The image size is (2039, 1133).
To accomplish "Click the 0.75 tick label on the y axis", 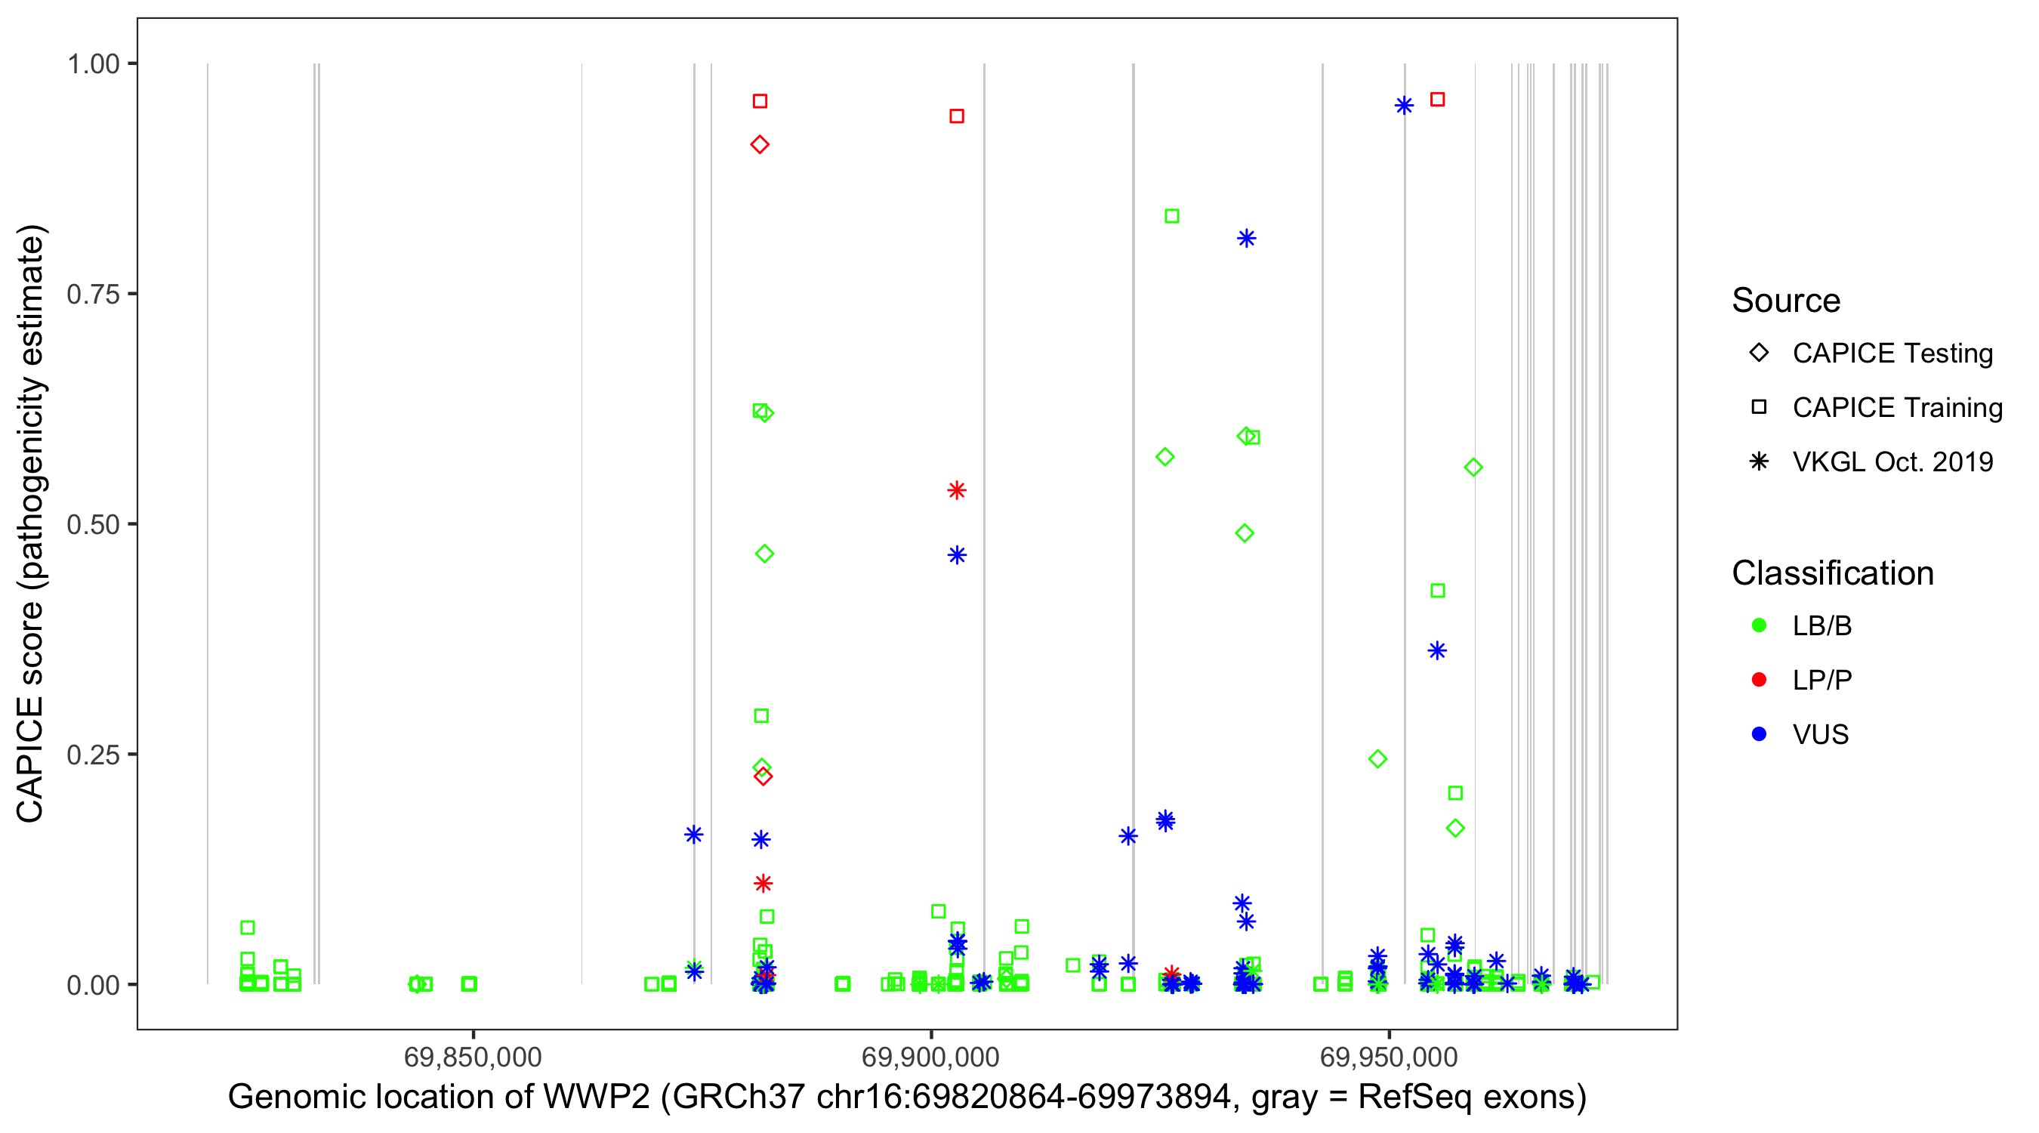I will click(92, 295).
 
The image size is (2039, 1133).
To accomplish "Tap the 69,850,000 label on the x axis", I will click(473, 1057).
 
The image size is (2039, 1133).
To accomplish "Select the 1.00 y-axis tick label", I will click(92, 64).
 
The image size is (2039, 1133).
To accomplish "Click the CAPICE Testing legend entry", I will click(1892, 353).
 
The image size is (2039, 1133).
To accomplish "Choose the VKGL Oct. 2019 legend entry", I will click(1892, 462).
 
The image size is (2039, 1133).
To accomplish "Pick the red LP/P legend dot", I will click(1759, 680).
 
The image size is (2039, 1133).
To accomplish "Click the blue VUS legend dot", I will click(1759, 734).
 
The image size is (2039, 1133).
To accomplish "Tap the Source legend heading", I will click(1786, 301).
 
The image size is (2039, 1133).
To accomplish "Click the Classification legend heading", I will click(1832, 573).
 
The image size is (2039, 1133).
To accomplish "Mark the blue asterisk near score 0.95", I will click(1404, 105).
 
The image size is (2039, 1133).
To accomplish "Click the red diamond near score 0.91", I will click(760, 145).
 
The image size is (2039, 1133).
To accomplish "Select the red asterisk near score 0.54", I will click(957, 491).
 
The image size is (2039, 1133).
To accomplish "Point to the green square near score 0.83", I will click(1172, 216).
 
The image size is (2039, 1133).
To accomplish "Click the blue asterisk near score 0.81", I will click(1247, 239).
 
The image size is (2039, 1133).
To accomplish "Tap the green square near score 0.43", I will click(1438, 591).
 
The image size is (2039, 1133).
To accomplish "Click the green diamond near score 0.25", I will click(1378, 759).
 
